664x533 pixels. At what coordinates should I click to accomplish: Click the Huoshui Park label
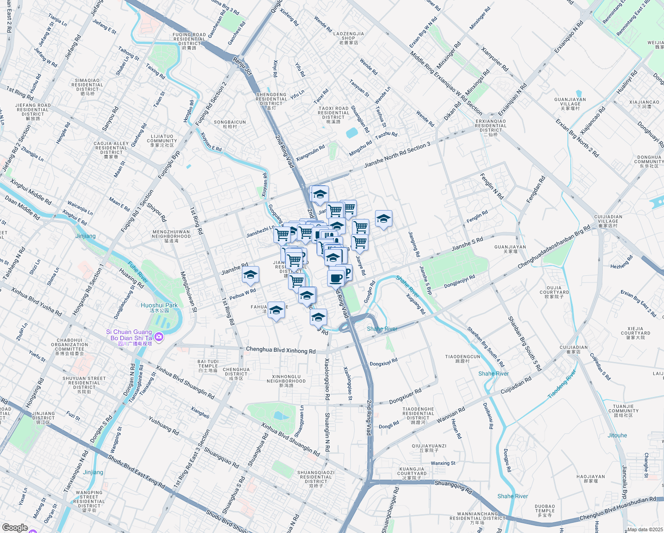pyautogui.click(x=159, y=306)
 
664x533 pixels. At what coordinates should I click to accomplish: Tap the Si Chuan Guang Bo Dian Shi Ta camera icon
pyautogui.click(x=159, y=338)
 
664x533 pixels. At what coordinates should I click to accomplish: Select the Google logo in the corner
pyautogui.click(x=15, y=528)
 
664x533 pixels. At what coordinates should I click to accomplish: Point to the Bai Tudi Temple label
pyautogui.click(x=208, y=366)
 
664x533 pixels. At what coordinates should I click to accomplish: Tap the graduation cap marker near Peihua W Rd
pyautogui.click(x=250, y=275)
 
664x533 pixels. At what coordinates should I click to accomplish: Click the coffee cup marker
pyautogui.click(x=336, y=278)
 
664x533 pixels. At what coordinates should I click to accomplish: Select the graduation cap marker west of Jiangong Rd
pyautogui.click(x=383, y=219)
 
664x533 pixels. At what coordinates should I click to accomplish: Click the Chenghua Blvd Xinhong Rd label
pyautogui.click(x=281, y=350)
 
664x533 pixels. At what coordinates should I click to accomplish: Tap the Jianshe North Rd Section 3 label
pyautogui.click(x=397, y=155)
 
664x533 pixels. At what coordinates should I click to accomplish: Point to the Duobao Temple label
pyautogui.click(x=545, y=511)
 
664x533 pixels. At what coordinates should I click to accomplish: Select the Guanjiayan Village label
pyautogui.click(x=570, y=104)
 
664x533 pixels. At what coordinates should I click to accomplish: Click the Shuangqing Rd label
pyautogui.click(x=453, y=486)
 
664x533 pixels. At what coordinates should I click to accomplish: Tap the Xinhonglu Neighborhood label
pyautogui.click(x=286, y=381)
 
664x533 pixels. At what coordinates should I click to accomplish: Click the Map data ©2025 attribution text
pyautogui.click(x=644, y=529)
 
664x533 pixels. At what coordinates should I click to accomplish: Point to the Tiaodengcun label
pyautogui.click(x=462, y=359)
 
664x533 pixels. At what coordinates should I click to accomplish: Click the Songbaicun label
pyautogui.click(x=230, y=124)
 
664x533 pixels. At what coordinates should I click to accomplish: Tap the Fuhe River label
pyautogui.click(x=138, y=272)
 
